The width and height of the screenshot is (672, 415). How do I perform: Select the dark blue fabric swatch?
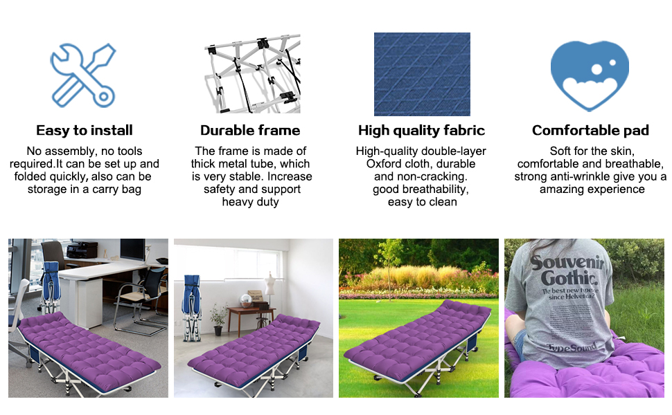(x=422, y=74)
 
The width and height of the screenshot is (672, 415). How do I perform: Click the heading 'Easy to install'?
(x=84, y=130)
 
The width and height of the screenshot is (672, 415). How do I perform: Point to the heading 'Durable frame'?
(x=250, y=130)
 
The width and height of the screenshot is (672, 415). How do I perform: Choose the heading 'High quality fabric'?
(x=421, y=130)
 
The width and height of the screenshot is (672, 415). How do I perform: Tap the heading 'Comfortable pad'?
(x=590, y=130)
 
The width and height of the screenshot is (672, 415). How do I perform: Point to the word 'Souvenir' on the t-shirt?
(x=567, y=264)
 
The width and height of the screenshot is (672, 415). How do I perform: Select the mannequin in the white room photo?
(x=269, y=285)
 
